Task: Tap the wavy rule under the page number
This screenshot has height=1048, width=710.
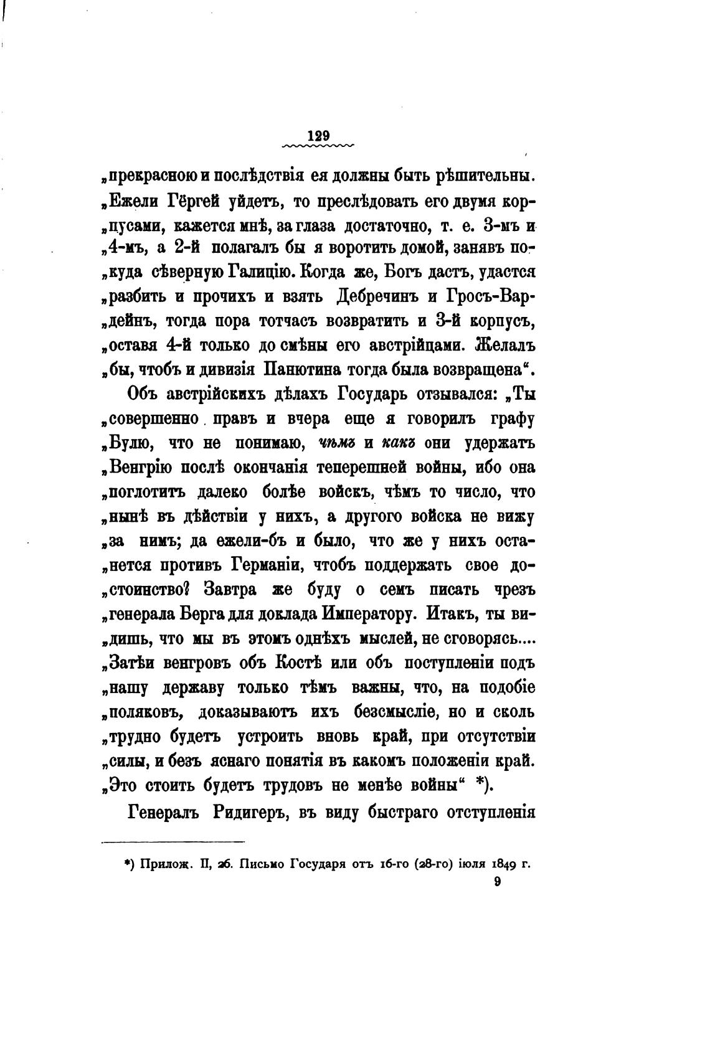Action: (318, 147)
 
